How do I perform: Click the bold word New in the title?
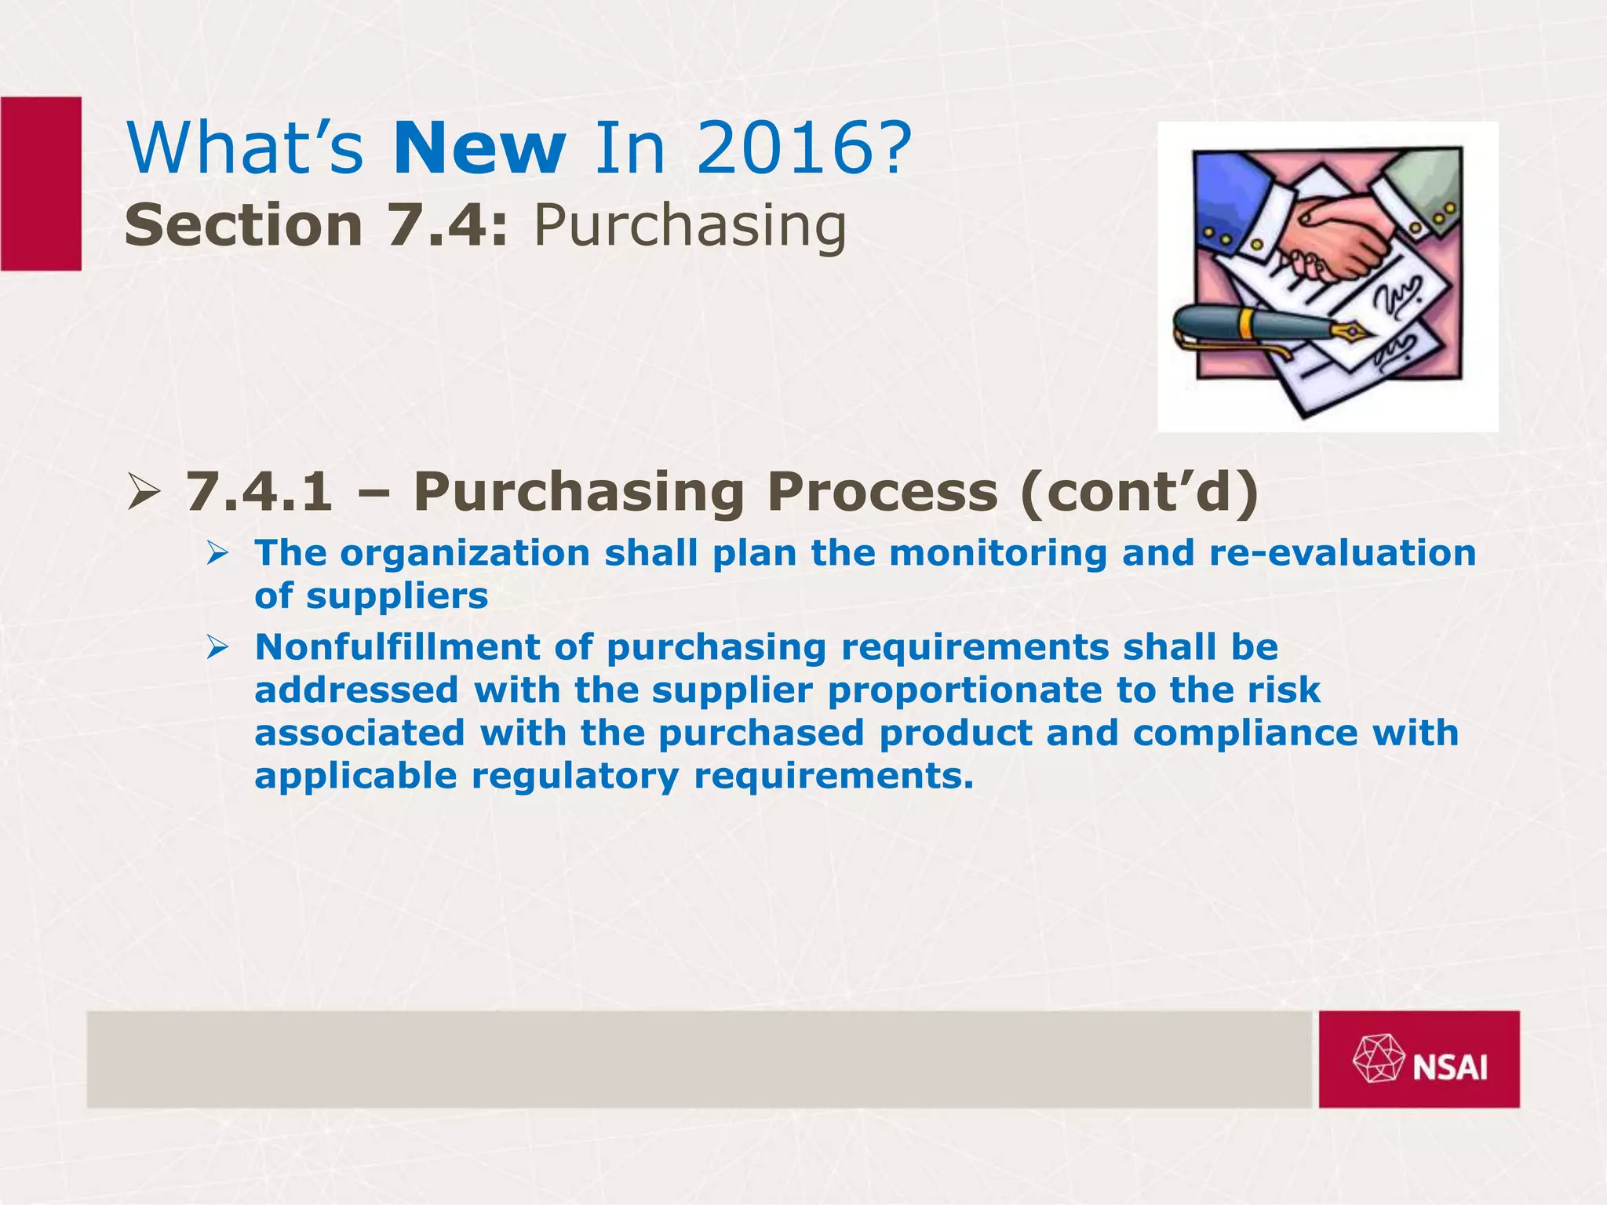pos(479,148)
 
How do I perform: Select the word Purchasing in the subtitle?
pos(690,226)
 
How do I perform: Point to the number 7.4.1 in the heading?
pos(259,492)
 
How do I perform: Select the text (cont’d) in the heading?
pos(1140,492)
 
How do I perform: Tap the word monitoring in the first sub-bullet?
pos(998,553)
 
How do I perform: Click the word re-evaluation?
pos(1343,553)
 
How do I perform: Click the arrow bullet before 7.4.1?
pos(143,494)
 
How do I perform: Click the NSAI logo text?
pos(1449,1068)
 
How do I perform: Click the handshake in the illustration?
pos(1326,239)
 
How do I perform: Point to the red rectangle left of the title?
pos(41,184)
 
